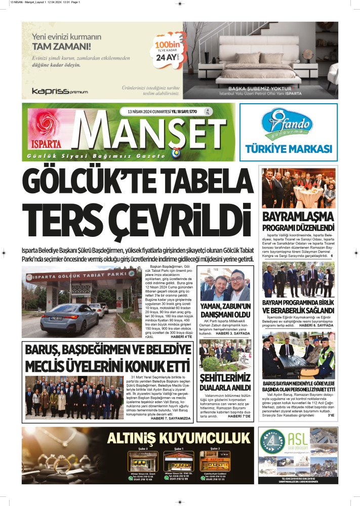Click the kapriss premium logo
(59, 91)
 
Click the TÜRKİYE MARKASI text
(289, 149)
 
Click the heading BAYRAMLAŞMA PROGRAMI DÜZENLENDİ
(298, 223)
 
